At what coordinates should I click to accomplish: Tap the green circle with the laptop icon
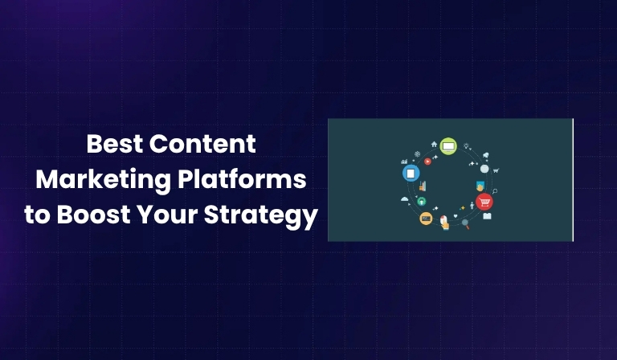[448, 146]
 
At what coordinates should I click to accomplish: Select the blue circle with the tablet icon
[411, 173]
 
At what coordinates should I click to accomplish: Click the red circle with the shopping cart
[484, 202]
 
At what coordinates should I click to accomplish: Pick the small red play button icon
[428, 161]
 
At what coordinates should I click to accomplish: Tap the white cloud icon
[405, 198]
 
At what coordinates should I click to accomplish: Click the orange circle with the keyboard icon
[426, 219]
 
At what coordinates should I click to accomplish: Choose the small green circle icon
[422, 201]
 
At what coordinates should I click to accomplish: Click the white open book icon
[487, 216]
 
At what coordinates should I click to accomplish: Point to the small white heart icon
[456, 216]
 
